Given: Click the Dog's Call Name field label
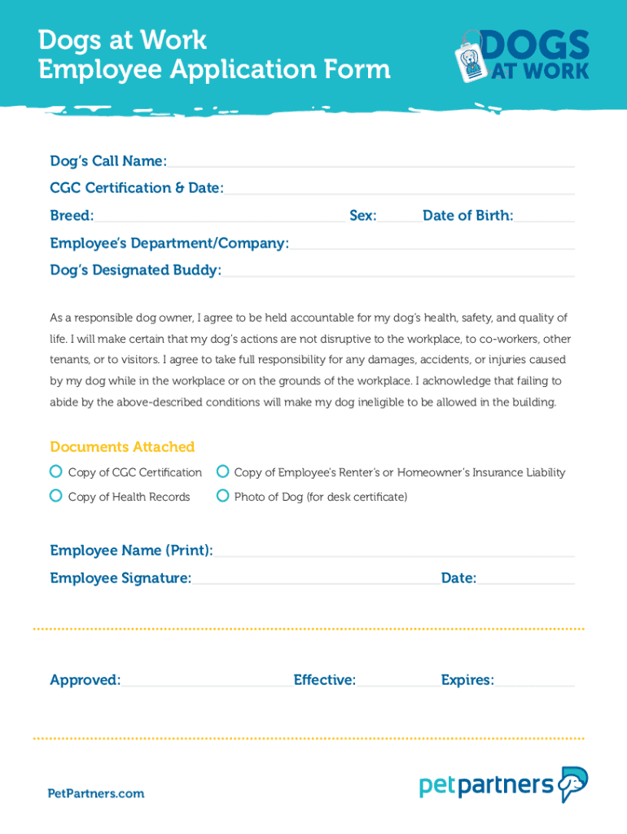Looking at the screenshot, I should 108,160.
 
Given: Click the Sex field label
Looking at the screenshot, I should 363,216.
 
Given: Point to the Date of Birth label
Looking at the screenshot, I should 467,216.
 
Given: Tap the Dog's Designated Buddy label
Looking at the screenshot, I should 135,270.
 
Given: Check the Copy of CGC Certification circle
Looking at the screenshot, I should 56,472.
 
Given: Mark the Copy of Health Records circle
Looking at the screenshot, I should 56,496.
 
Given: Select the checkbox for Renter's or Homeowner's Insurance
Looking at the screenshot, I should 222,472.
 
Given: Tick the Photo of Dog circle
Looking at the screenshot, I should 222,496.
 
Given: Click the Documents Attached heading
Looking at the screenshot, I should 122,446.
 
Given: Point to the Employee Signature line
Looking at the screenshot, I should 316,582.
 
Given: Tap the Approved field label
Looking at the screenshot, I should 85,680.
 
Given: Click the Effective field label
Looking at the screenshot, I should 324,680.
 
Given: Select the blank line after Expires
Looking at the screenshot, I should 534,683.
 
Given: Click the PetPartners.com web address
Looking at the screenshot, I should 96,793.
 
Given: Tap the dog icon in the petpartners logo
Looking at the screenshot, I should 573,784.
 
